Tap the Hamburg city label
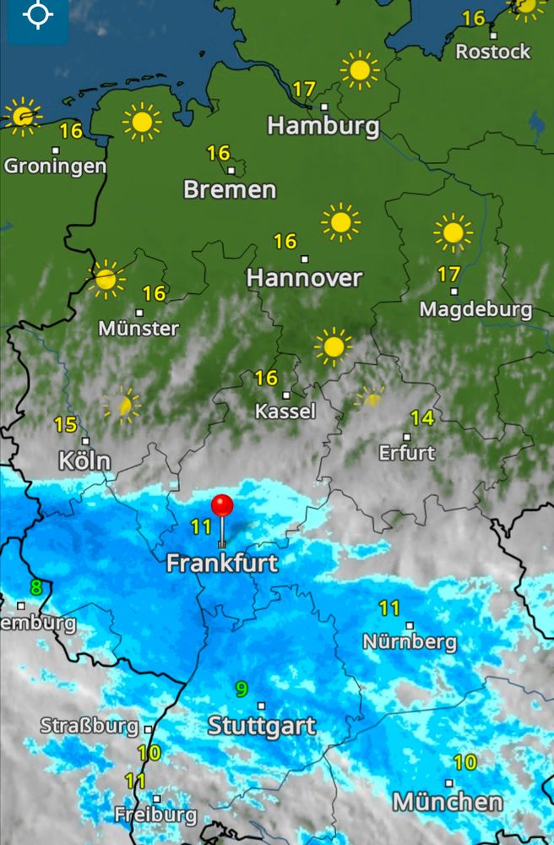tap(323, 127)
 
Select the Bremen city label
tap(230, 189)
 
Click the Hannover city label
tap(304, 278)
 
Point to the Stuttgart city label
tap(262, 726)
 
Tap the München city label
tap(448, 801)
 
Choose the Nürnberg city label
tap(410, 642)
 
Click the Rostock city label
tap(493, 52)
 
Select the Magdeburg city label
tap(475, 309)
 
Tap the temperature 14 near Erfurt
tap(422, 417)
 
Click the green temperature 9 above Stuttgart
tap(242, 690)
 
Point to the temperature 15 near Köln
tap(65, 425)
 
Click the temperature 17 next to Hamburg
tap(304, 89)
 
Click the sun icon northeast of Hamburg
tap(360, 70)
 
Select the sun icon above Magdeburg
tap(453, 232)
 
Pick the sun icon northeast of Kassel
tap(334, 346)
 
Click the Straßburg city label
tap(89, 726)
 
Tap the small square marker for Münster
tap(139, 313)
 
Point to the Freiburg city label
tap(155, 816)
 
